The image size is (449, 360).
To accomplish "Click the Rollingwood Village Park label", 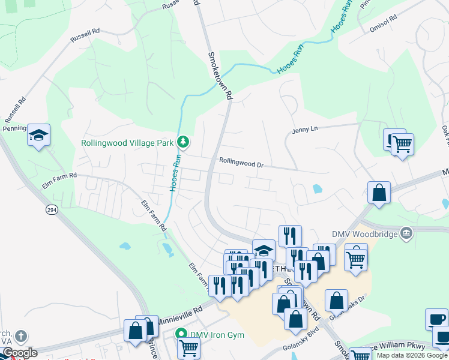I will (x=127, y=143).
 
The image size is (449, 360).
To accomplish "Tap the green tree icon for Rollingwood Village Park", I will (x=183, y=142).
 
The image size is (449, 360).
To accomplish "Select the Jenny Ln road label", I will (x=304, y=129).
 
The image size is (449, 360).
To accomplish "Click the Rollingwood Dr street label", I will (x=241, y=161).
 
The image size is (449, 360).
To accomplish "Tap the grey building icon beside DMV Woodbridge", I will (x=406, y=233).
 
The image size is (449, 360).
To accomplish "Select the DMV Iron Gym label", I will (x=217, y=334).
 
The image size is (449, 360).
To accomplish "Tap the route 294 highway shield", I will (x=52, y=210).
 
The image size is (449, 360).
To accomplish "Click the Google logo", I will (x=19, y=353).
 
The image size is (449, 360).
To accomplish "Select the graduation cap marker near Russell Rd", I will (x=38, y=135).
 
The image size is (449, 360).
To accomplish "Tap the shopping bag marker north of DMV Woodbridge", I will (x=379, y=193).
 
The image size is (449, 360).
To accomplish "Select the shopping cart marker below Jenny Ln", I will (x=402, y=144).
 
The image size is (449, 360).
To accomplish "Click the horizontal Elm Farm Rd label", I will (x=64, y=175).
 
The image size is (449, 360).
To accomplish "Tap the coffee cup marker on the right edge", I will (x=436, y=319).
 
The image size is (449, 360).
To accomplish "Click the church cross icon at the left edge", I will (x=21, y=336).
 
